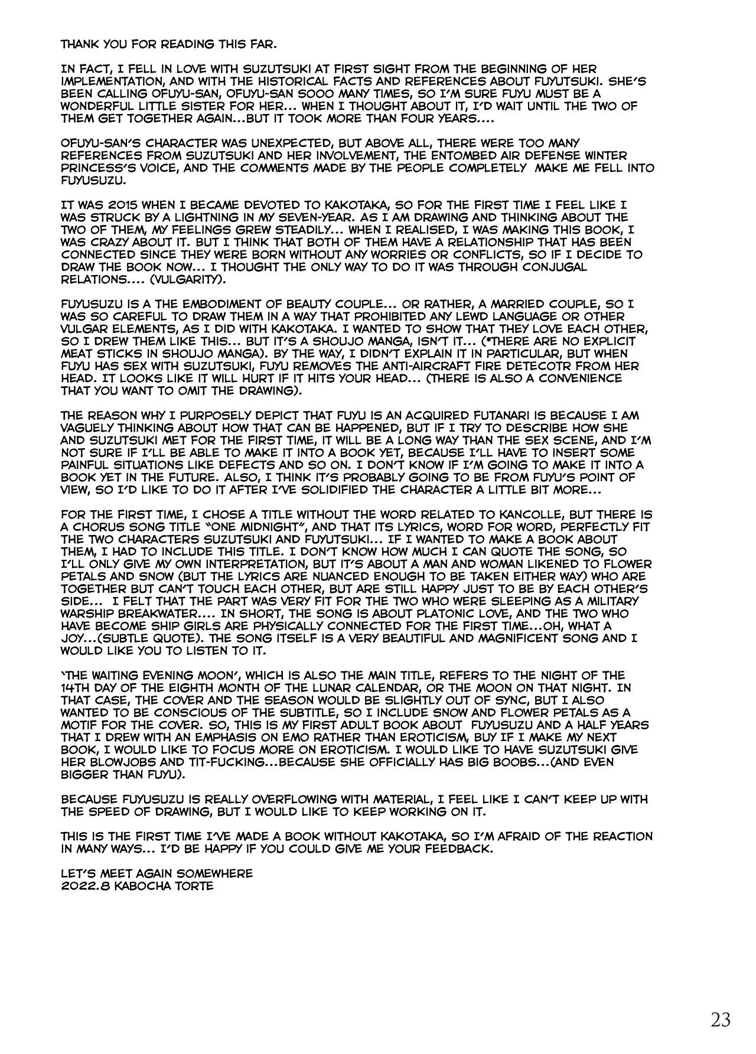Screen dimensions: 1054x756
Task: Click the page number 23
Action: (x=721, y=1019)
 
